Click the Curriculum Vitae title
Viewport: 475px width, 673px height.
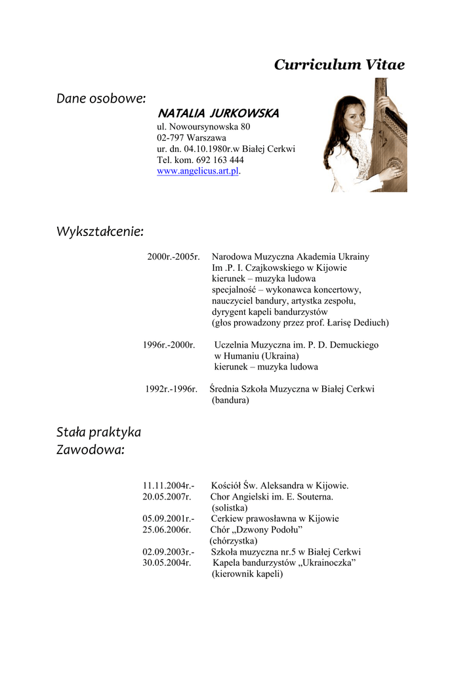point(339,64)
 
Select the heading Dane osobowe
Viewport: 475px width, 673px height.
point(100,99)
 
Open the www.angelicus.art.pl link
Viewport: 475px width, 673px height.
point(197,171)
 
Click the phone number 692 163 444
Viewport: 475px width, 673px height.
point(220,160)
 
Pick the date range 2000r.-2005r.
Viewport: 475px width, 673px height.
point(173,256)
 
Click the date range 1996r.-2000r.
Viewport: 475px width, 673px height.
point(169,344)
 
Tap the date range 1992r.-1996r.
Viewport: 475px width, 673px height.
point(171,389)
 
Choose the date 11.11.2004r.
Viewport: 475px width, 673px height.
point(169,486)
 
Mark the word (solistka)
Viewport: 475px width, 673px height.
point(230,508)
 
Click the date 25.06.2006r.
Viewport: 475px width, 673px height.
point(167,530)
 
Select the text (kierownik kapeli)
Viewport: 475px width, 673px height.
point(247,574)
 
